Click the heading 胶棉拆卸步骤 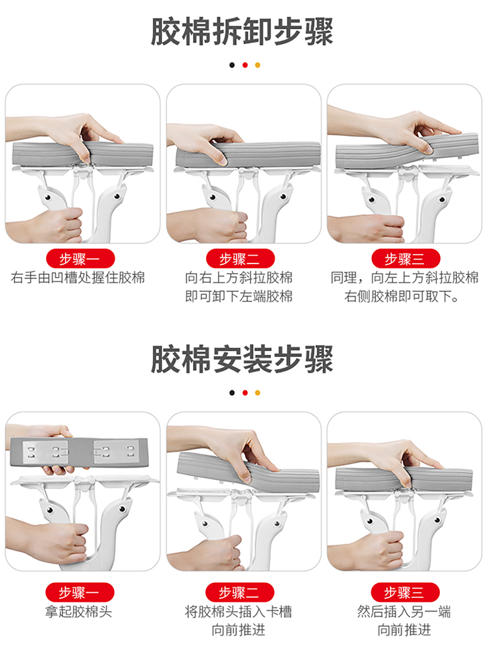tap(242, 32)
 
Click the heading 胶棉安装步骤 tap(242, 359)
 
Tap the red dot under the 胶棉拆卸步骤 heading tap(245, 65)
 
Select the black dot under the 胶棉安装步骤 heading tap(232, 393)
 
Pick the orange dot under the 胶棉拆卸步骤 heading tap(258, 65)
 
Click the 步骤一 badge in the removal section tap(80, 258)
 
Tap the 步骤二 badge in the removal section tap(240, 258)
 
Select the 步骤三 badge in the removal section tap(406, 258)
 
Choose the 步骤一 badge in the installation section tap(80, 592)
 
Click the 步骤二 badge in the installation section tap(240, 592)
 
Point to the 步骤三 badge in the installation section tap(405, 592)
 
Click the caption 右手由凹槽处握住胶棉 tap(78, 278)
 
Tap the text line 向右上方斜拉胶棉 tap(239, 278)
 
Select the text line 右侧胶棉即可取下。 tap(401, 297)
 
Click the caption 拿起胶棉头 tap(79, 611)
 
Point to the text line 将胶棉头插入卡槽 tap(238, 611)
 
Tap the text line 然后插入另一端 tap(404, 611)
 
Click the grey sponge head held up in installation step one tap(79, 452)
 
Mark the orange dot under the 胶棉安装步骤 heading tap(258, 393)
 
